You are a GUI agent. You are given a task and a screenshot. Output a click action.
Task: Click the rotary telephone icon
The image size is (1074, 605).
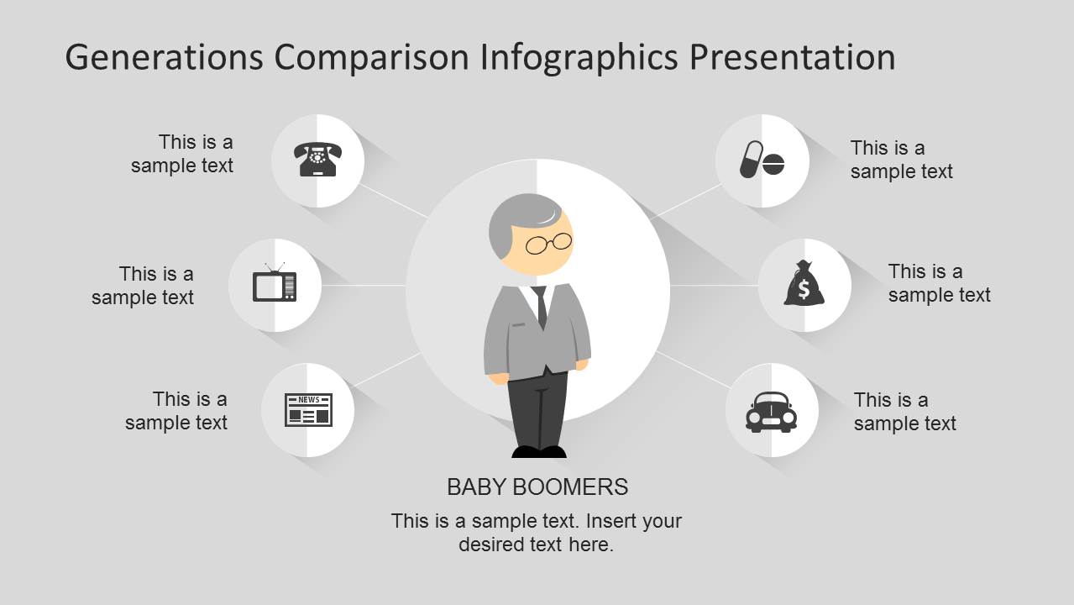tap(317, 160)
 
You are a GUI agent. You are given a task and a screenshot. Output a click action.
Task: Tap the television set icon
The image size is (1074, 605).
tap(275, 284)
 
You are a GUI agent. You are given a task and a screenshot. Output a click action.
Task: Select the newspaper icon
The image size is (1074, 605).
tap(308, 409)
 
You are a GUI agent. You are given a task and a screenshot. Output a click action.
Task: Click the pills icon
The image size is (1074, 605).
tap(762, 160)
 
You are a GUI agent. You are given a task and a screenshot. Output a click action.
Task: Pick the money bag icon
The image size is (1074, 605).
tap(804, 284)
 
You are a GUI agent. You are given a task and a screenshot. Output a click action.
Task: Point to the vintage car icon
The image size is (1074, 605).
tap(771, 412)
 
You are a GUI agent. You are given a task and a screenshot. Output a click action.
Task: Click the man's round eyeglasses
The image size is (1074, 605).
tap(548, 244)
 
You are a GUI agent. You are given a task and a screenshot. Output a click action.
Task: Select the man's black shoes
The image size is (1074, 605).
tap(539, 452)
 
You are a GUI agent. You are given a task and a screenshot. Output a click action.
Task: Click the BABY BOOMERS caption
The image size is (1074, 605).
tap(537, 487)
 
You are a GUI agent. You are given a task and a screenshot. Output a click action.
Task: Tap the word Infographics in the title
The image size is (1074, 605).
tap(579, 57)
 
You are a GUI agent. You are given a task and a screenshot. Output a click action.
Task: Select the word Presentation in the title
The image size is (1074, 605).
tap(792, 57)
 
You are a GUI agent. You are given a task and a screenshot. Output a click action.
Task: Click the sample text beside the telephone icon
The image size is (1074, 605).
tap(182, 154)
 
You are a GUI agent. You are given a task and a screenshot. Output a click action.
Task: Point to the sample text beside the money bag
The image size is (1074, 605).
tap(939, 283)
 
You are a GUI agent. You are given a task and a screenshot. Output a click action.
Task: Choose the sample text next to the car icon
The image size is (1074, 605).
tap(904, 412)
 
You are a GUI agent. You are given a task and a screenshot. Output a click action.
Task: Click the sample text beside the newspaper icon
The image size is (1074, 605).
tap(176, 410)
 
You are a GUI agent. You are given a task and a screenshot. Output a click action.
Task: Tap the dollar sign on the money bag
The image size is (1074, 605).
tap(804, 290)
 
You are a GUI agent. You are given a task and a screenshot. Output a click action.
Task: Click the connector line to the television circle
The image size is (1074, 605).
tap(364, 285)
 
